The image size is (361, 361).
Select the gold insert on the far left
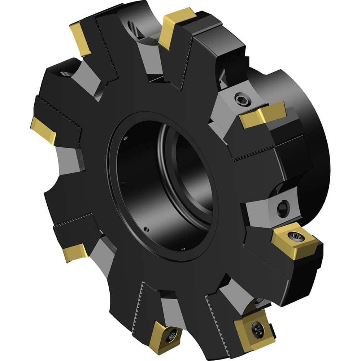(x=43, y=130)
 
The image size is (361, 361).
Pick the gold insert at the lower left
(x=75, y=252)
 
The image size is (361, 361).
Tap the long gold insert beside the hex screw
(x=262, y=114)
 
